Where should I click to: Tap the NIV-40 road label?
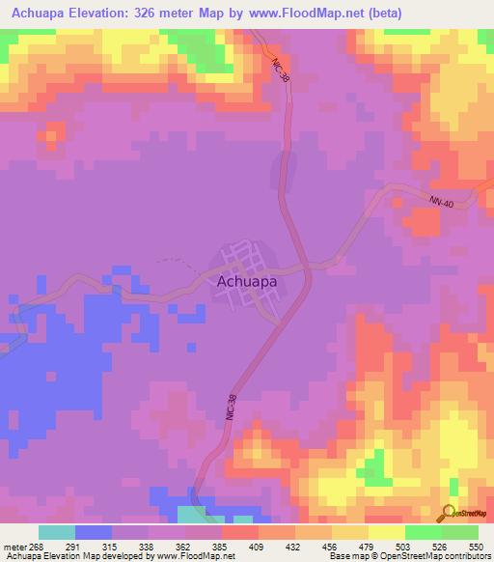pos(442,200)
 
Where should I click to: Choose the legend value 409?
pos(258,546)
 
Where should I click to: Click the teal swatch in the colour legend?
pos(57,532)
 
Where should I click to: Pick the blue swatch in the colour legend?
pos(94,532)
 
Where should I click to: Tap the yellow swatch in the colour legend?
pos(386,532)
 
